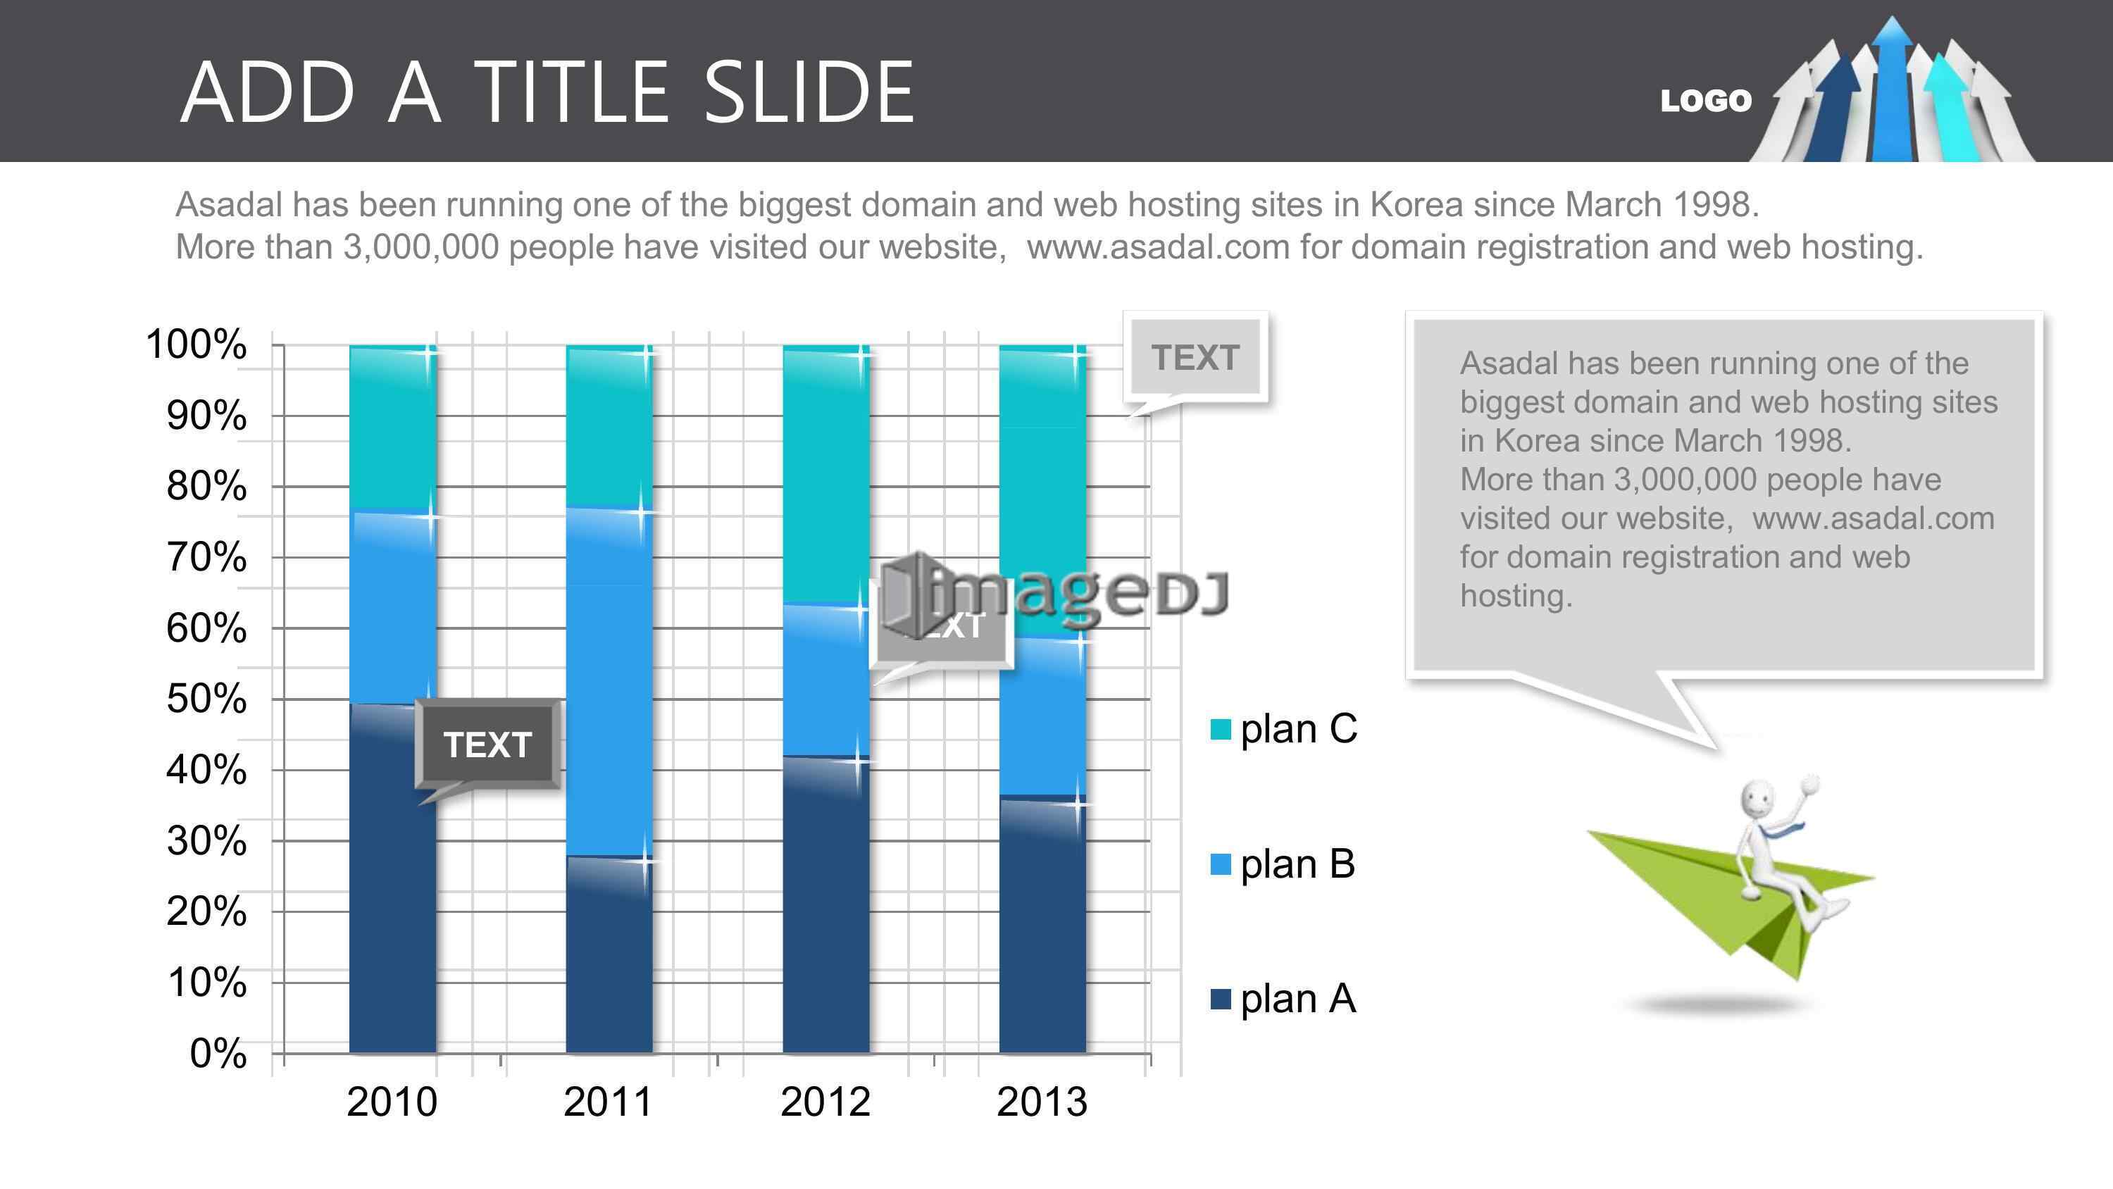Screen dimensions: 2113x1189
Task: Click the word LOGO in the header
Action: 1706,101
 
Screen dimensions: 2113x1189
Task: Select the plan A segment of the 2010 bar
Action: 393,878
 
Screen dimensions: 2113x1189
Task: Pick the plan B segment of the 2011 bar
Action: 609,683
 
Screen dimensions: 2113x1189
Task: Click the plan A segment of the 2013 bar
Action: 1042,925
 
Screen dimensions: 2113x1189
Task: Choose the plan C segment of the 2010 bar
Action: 393,429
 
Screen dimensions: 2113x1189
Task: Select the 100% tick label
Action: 196,344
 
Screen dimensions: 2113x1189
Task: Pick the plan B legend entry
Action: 1283,864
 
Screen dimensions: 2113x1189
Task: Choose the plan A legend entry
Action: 1283,999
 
